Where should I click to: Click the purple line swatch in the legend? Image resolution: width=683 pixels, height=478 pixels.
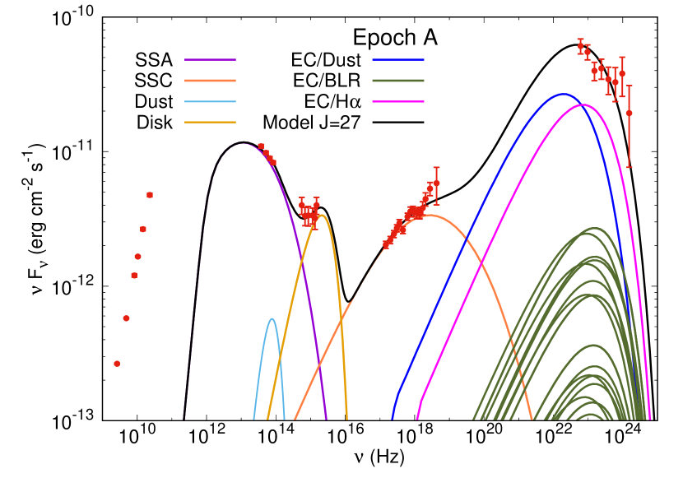click(x=210, y=60)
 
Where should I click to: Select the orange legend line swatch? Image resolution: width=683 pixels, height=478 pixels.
click(x=210, y=81)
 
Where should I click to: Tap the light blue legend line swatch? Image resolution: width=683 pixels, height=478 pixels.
click(x=210, y=102)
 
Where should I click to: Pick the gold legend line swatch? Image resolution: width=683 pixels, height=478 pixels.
click(x=210, y=123)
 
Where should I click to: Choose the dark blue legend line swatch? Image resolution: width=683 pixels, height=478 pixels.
click(x=398, y=60)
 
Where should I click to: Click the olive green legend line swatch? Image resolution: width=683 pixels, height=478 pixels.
click(x=398, y=81)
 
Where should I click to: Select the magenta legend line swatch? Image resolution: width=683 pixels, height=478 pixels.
click(x=398, y=102)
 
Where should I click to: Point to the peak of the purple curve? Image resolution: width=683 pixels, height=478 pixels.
click(x=243, y=144)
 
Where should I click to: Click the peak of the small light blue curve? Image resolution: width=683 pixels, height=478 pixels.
click(x=272, y=318)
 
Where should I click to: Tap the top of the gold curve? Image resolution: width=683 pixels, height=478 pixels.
click(x=323, y=216)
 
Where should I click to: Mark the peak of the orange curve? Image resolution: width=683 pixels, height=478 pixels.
click(x=430, y=216)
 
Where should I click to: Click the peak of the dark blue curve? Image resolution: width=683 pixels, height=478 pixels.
click(x=564, y=94)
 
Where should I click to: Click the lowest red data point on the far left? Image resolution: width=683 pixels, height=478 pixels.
click(x=117, y=363)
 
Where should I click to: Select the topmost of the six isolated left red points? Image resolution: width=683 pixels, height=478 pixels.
click(x=150, y=195)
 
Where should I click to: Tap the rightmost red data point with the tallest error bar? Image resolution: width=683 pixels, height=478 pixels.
click(x=630, y=113)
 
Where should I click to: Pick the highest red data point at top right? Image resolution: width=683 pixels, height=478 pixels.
click(x=580, y=46)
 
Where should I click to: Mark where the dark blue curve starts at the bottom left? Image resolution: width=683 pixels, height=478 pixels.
click(x=393, y=418)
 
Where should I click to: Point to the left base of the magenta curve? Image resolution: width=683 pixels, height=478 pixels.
click(x=417, y=418)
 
